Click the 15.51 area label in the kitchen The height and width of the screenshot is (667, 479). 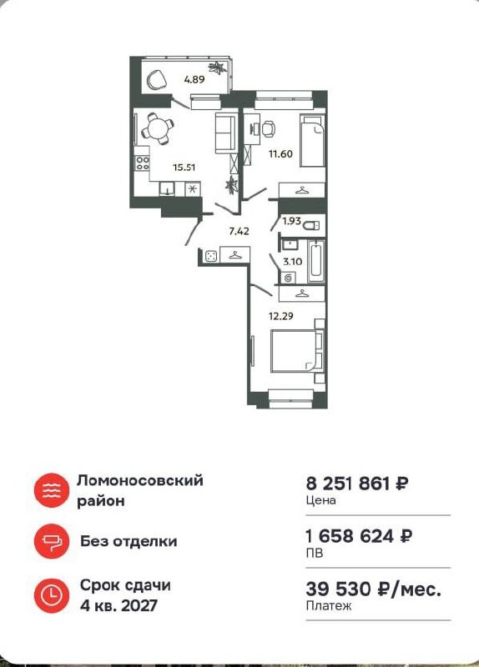[x=184, y=167]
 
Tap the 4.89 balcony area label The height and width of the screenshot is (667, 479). [x=194, y=80]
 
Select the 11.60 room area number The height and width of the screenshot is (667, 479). [x=279, y=153]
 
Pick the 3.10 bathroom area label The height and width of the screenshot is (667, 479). [x=292, y=262]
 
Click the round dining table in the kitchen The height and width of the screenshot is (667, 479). [x=157, y=128]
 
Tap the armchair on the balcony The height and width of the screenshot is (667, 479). [x=156, y=79]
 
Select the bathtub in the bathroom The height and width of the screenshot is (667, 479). [x=315, y=261]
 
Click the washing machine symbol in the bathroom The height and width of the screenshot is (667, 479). [x=290, y=277]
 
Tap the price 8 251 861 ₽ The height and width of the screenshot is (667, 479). [x=358, y=484]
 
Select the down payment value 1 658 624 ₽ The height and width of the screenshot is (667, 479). [x=358, y=536]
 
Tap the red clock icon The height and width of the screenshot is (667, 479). [x=50, y=594]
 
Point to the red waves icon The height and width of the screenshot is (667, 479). [x=50, y=489]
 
